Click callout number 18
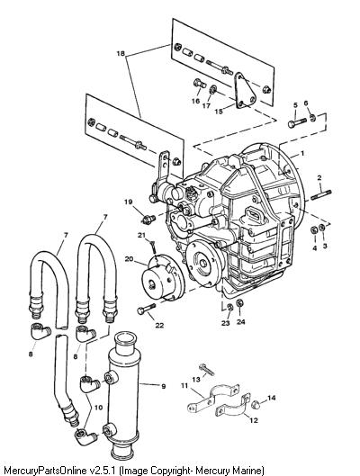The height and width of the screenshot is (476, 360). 121,54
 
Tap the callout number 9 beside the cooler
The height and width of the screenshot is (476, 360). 164,386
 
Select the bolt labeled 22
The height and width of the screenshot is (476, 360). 147,309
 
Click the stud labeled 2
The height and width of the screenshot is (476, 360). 321,194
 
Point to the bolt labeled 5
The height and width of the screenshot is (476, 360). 297,122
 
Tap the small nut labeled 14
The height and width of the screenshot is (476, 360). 256,404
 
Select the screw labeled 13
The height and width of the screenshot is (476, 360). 207,370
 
